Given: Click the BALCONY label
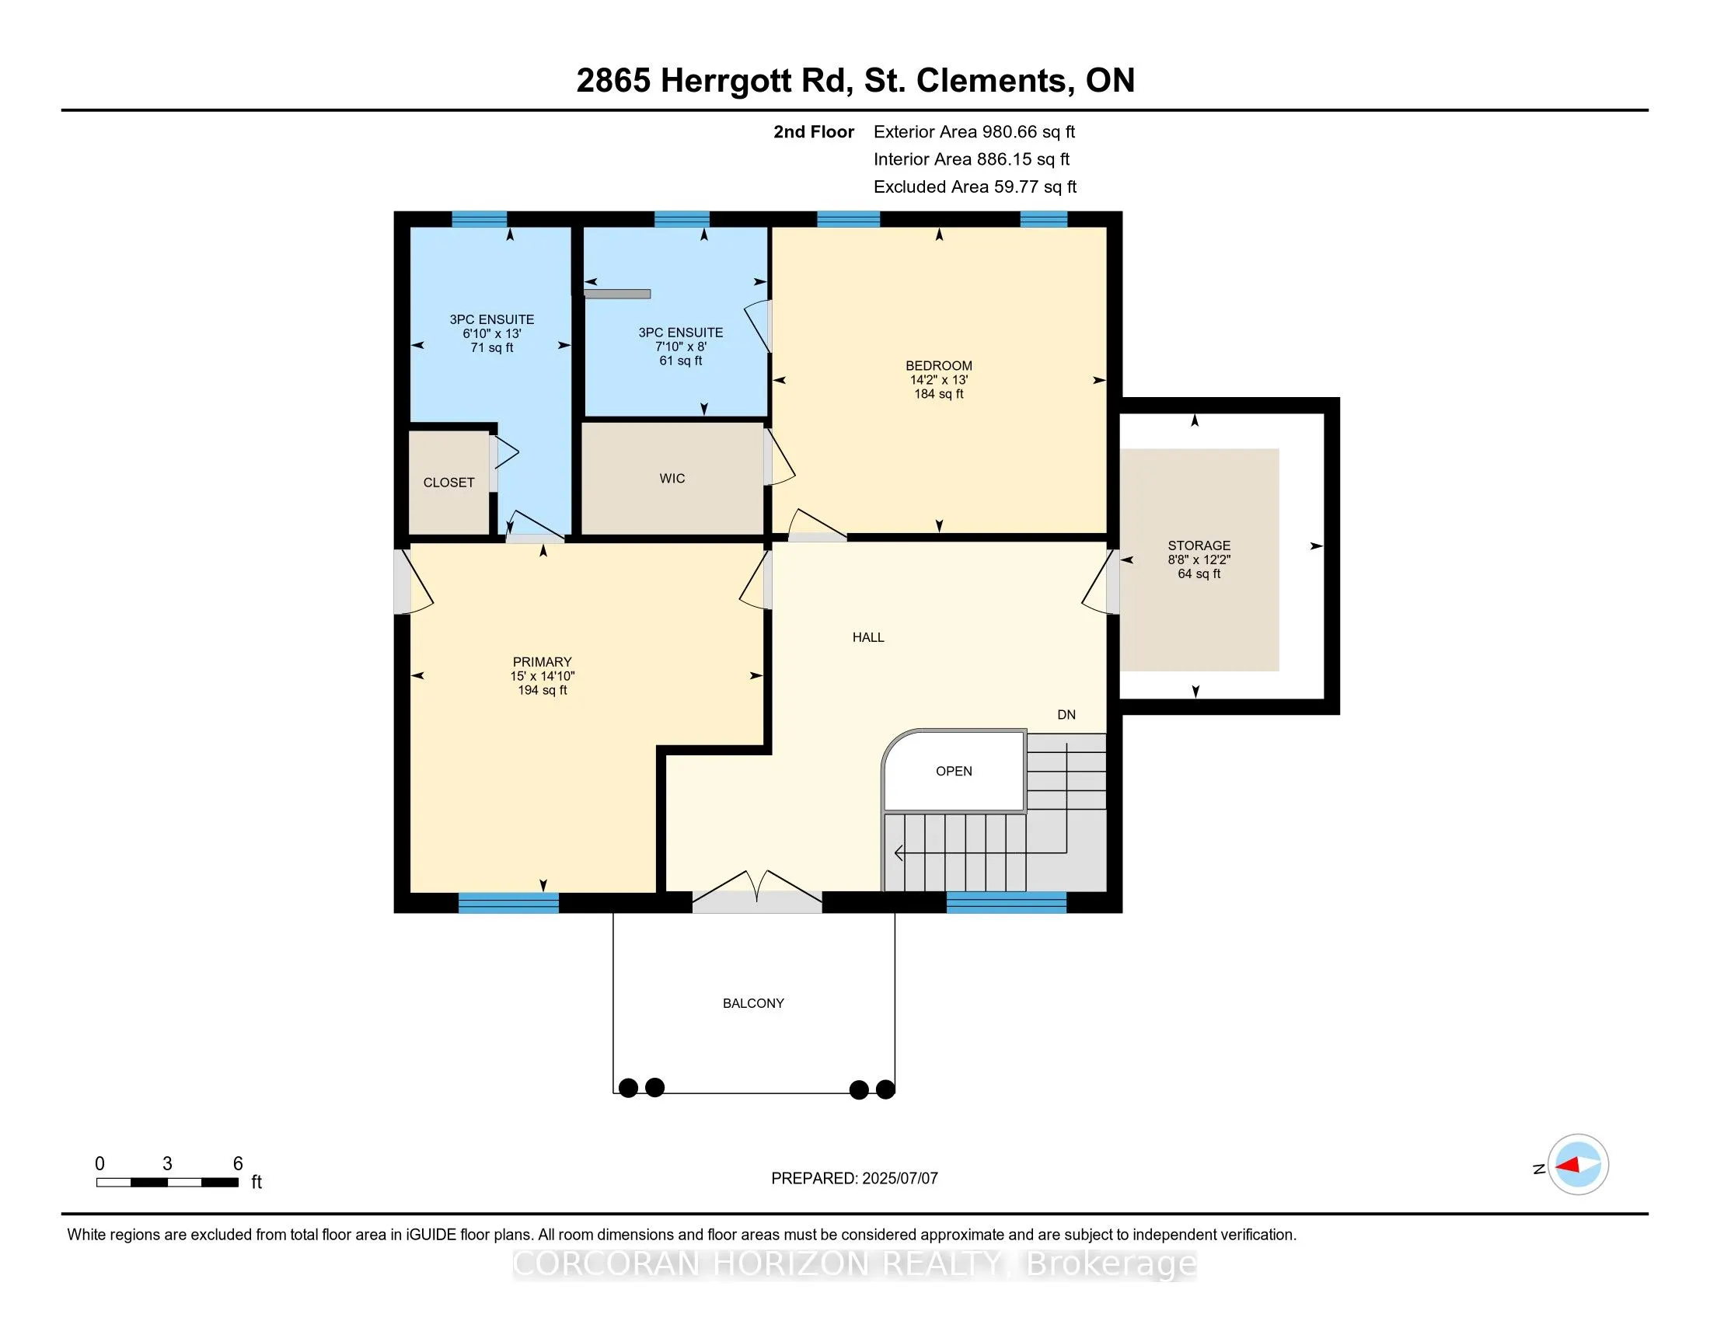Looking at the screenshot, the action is pyautogui.click(x=753, y=1003).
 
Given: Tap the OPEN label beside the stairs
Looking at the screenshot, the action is pyautogui.click(x=954, y=771).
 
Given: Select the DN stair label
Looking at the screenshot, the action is pyautogui.click(x=1066, y=714).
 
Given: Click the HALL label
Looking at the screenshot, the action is pyautogui.click(x=868, y=637).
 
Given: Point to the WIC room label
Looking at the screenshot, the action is pyautogui.click(x=672, y=478).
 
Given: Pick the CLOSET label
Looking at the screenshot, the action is pyautogui.click(x=448, y=482).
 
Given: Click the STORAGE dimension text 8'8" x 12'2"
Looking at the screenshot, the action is pyautogui.click(x=1199, y=559).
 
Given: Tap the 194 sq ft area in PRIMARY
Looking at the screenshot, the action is pyautogui.click(x=542, y=690).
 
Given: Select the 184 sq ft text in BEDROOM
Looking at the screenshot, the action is pyautogui.click(x=939, y=394).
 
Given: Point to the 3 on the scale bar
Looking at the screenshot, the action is pyautogui.click(x=167, y=1164).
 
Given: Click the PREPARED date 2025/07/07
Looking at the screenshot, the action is pyautogui.click(x=899, y=1178).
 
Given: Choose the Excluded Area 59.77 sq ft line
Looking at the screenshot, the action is pyautogui.click(x=975, y=186).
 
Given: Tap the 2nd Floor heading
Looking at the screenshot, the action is pyautogui.click(x=814, y=131).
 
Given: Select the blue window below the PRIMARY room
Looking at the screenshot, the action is pyautogui.click(x=508, y=902).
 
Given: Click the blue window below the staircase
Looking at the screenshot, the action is pyautogui.click(x=1006, y=902).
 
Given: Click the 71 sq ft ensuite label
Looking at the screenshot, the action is pyautogui.click(x=492, y=347).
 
